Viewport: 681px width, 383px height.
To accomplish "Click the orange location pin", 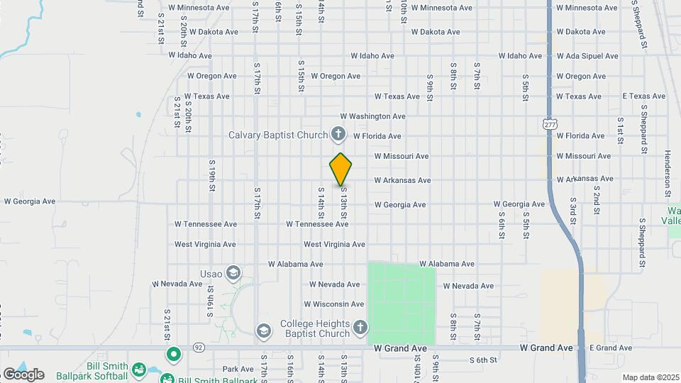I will click(x=340, y=169).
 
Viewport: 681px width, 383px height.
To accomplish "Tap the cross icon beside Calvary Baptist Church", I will click(x=338, y=134).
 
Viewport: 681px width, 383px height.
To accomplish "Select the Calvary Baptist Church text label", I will click(x=278, y=135).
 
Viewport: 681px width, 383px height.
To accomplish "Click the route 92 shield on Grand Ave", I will click(x=198, y=348).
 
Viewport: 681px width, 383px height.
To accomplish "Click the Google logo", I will click(x=23, y=374).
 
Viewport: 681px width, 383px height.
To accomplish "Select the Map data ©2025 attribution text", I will click(x=649, y=377).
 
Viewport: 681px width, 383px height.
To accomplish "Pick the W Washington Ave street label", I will click(x=372, y=116).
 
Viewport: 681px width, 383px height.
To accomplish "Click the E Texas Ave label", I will click(x=644, y=96).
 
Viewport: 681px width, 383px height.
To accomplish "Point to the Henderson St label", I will click(x=668, y=173).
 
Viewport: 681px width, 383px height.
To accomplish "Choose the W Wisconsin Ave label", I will click(x=337, y=304).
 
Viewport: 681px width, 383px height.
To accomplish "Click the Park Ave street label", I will click(x=238, y=369).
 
